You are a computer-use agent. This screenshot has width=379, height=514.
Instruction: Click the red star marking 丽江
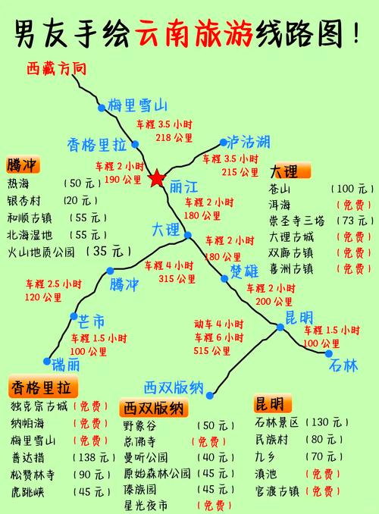point(156,179)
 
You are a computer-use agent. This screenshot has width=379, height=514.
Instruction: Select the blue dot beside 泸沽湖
point(224,142)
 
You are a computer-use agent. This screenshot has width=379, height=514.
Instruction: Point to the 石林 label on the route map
point(343,365)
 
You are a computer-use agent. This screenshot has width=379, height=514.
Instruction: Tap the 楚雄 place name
point(244,271)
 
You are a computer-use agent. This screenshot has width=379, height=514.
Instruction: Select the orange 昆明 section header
point(270,403)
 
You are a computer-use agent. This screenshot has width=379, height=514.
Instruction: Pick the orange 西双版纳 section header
point(154,408)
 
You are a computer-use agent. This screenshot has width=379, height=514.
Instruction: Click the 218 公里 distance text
point(174,137)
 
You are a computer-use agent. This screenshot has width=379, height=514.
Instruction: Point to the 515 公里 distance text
point(211,351)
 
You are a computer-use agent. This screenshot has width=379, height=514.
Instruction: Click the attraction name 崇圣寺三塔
point(297,221)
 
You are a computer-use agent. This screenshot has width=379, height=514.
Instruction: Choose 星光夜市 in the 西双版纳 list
point(147,504)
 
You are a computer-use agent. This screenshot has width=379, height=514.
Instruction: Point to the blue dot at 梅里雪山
point(102,108)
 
